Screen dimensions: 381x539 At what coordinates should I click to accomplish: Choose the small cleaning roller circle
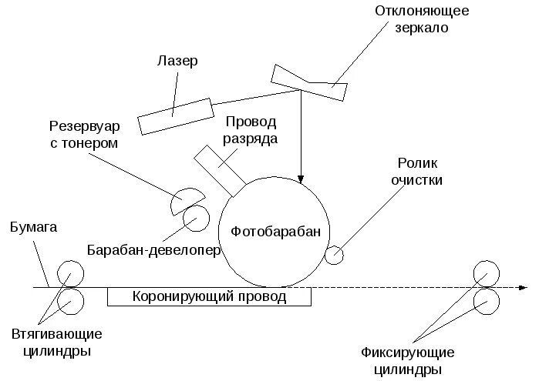click(x=335, y=255)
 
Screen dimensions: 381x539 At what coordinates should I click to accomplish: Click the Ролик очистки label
click(x=419, y=172)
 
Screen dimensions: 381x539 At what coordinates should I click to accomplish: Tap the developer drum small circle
click(x=195, y=220)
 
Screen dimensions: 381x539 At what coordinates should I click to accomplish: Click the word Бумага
click(x=34, y=228)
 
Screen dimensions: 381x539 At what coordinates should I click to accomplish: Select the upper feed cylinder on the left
click(x=71, y=274)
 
